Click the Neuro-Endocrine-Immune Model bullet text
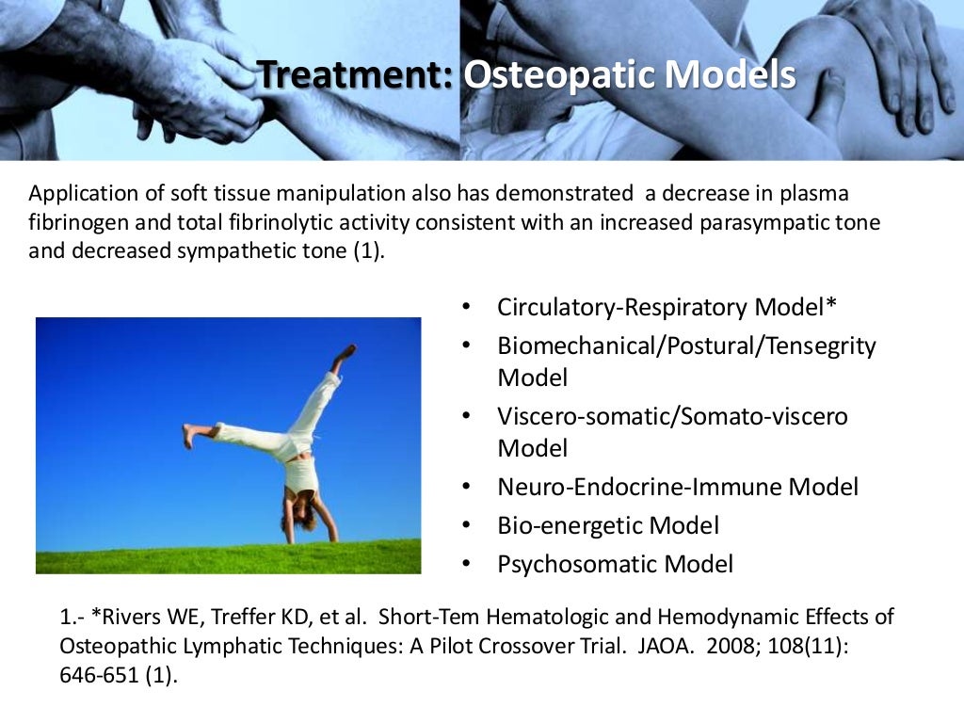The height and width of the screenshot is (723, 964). point(678,487)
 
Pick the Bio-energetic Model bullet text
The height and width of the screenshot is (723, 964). point(608,525)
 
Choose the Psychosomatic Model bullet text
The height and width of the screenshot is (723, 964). point(615,564)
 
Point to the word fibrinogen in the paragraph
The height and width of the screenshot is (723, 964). point(74,224)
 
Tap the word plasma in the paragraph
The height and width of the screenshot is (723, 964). point(818,194)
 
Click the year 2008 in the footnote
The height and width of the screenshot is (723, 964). point(713,647)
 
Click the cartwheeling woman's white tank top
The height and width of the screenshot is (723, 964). point(300,475)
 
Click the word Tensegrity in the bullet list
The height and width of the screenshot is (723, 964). point(821,345)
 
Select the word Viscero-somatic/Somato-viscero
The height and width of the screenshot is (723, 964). point(672,416)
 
